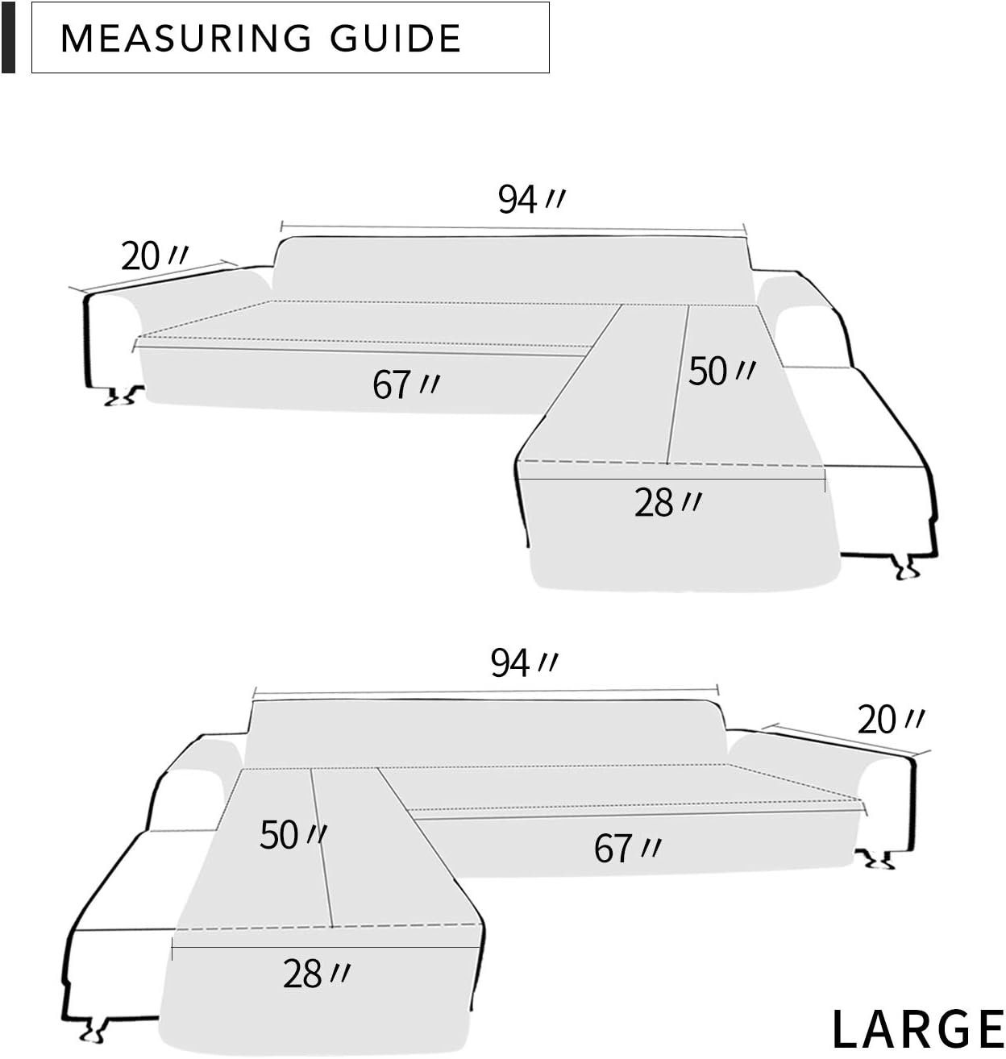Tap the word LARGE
pos(917,1029)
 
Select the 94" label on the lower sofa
pos(523,663)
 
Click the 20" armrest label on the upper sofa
pos(154,256)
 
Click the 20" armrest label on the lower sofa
pos(890,720)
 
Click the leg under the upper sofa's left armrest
pos(123,396)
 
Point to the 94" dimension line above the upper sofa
pos(513,230)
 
